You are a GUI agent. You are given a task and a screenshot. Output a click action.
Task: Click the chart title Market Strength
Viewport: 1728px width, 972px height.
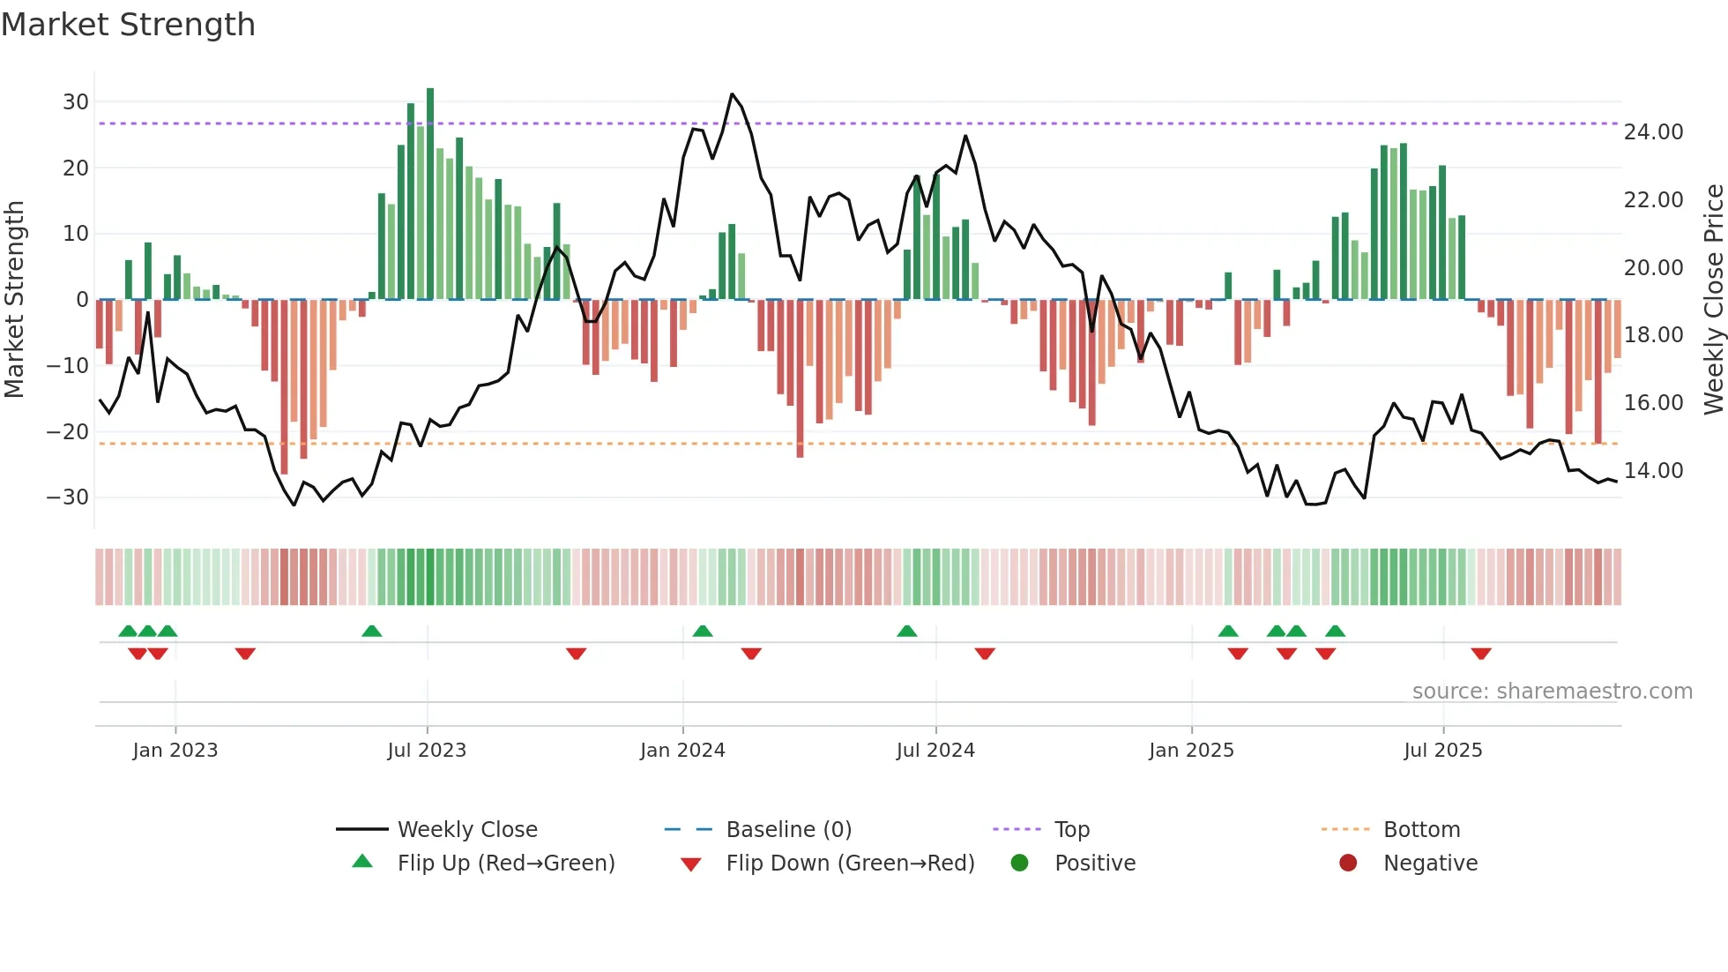click(x=128, y=25)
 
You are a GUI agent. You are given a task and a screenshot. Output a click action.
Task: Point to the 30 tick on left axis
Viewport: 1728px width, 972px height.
click(x=76, y=102)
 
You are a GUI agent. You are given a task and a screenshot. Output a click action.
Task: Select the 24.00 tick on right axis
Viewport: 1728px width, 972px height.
click(x=1653, y=132)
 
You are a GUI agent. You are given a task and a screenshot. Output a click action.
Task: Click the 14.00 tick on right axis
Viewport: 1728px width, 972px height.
click(x=1653, y=471)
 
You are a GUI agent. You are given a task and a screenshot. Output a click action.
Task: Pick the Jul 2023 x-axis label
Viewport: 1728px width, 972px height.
click(x=427, y=751)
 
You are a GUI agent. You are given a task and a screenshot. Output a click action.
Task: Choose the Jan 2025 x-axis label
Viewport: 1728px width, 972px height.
click(x=1191, y=751)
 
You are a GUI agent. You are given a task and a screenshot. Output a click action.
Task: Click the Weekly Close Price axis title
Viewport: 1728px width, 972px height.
click(x=1713, y=299)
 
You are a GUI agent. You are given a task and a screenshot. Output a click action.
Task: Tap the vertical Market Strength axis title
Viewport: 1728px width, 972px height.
click(x=14, y=299)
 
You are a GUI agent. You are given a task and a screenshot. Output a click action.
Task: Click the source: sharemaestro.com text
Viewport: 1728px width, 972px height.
click(x=1552, y=692)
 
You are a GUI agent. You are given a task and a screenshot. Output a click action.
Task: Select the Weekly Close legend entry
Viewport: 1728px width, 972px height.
click(x=467, y=830)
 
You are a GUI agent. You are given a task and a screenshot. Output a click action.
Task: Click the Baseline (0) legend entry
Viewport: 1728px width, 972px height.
click(x=788, y=830)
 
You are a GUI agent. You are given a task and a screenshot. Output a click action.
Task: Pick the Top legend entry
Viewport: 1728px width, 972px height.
click(x=1072, y=830)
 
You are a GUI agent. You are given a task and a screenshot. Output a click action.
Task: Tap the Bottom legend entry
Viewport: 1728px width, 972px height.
click(x=1421, y=830)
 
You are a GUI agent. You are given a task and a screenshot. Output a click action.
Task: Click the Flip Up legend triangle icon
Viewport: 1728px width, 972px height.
click(x=362, y=862)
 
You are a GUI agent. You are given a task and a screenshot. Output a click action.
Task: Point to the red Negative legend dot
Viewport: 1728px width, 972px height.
click(x=1348, y=863)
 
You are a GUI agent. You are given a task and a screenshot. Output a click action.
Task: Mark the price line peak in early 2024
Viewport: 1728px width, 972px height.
click(x=732, y=94)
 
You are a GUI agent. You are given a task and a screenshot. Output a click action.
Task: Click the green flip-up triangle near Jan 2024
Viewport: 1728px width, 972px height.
click(x=703, y=631)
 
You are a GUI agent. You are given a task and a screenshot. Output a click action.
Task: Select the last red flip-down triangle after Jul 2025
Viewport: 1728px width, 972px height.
click(x=1481, y=654)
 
